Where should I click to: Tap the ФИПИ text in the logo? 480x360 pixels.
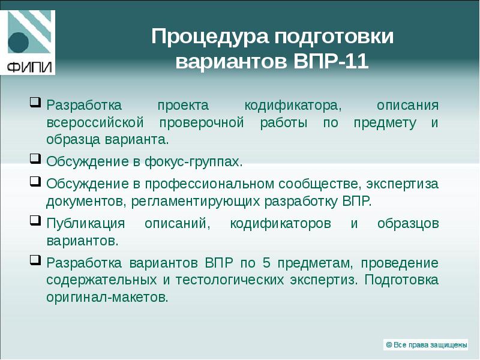pos(29,66)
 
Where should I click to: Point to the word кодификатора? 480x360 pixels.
pos(293,106)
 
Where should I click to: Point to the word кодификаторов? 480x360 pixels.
pos(280,223)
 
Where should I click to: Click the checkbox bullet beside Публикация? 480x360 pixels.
pos(35,221)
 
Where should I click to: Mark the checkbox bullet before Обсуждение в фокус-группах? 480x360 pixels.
pos(35,160)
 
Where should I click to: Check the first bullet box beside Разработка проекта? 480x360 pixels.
pos(35,104)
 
